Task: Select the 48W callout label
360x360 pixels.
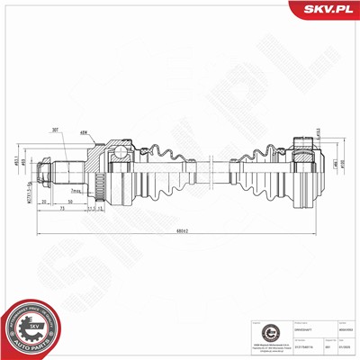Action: click(x=83, y=132)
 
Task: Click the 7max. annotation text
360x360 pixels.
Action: click(x=76, y=192)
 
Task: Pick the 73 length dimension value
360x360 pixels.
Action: click(x=60, y=212)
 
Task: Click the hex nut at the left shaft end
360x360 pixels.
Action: click(x=42, y=168)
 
